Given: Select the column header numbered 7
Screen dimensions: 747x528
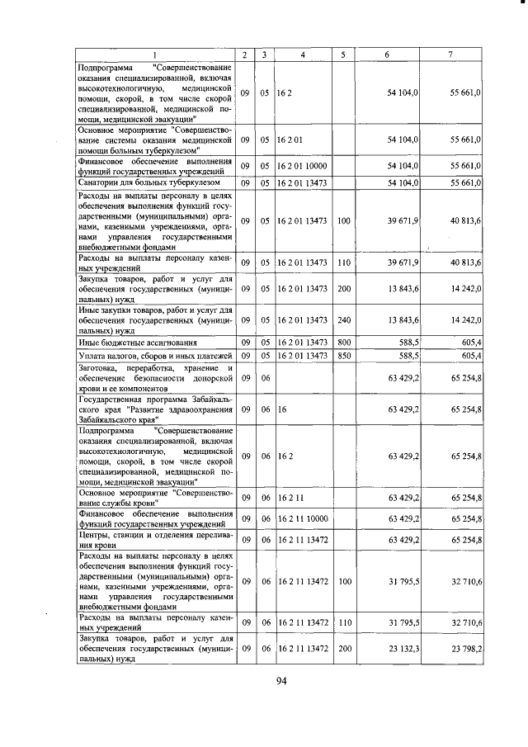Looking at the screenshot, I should (x=450, y=54).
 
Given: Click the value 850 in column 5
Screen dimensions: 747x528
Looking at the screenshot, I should (x=344, y=355).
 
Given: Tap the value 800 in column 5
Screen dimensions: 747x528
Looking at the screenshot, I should (x=344, y=342).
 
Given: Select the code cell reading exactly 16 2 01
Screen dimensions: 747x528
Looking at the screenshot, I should (x=293, y=140).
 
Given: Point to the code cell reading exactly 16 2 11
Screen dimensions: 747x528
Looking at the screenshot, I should (x=293, y=498).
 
